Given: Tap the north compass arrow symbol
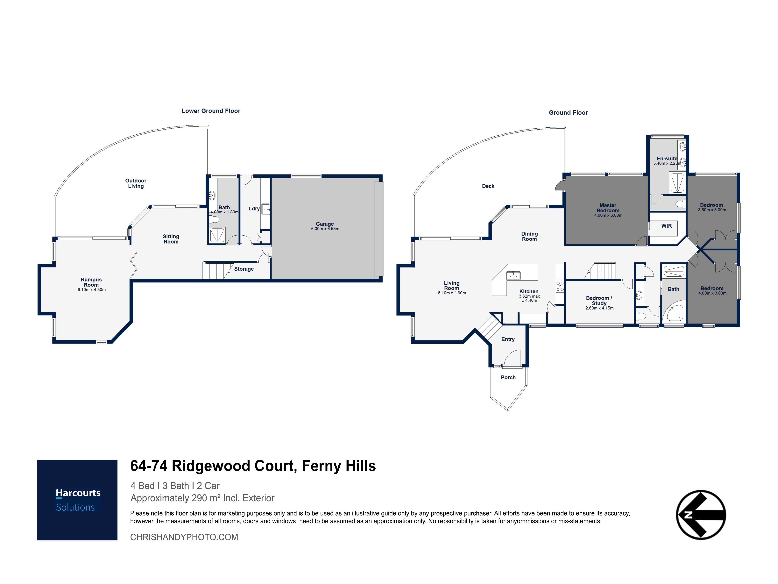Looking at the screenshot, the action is click(x=701, y=515).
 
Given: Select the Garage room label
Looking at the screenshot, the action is click(x=325, y=224).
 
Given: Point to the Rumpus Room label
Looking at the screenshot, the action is click(x=91, y=282).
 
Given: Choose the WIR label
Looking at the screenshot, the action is click(x=667, y=226).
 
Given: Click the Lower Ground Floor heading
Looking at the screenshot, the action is click(x=211, y=111).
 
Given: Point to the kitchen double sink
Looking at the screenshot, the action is click(x=513, y=275).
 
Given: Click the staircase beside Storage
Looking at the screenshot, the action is click(x=217, y=270).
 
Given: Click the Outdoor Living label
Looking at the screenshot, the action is click(x=136, y=183).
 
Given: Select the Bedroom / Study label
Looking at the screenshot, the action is click(x=599, y=300).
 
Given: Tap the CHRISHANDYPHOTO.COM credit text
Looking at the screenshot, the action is click(x=184, y=537).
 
